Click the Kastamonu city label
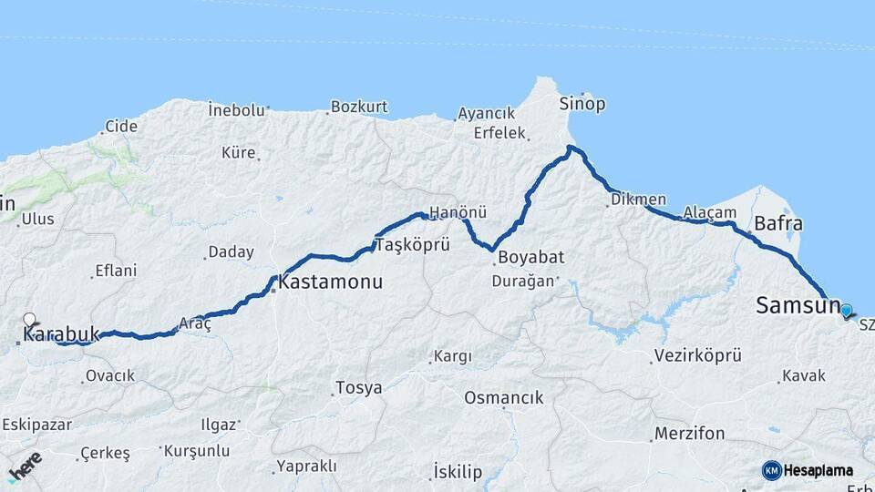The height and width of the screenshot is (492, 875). coord(330,282)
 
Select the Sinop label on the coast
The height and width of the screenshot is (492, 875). coord(582,104)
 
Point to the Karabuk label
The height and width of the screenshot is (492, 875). coord(60,334)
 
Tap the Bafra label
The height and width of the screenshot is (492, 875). coord(778,224)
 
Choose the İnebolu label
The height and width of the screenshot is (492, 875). coord(236,109)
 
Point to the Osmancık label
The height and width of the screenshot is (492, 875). coord(503,398)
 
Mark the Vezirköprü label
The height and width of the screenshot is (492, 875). coord(698,355)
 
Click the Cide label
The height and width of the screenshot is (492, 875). coord(121,127)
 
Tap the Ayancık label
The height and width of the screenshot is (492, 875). coord(486,114)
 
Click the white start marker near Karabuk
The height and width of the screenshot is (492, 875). coord(29,320)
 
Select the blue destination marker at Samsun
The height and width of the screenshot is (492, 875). coord(847,311)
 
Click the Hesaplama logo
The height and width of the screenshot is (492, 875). coord(808,470)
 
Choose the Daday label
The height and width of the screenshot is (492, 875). coord(231,252)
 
